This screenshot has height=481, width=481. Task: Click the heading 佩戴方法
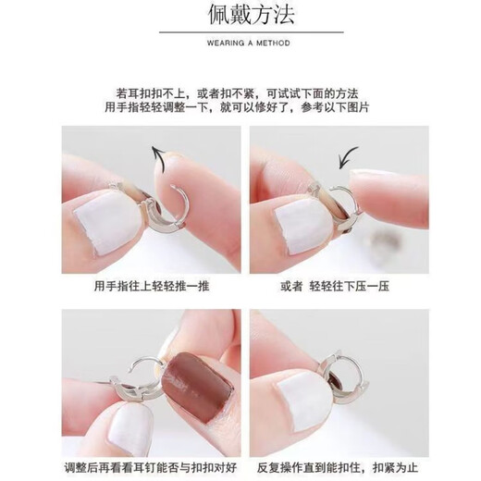[240, 16]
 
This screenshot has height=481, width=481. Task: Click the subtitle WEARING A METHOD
[240, 43]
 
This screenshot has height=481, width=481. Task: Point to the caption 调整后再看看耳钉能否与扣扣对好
[151, 465]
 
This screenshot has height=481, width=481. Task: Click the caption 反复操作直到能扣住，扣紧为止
[335, 465]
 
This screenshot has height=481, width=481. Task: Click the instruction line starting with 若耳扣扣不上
[240, 92]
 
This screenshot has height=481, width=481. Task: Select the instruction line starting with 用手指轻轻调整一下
[240, 108]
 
